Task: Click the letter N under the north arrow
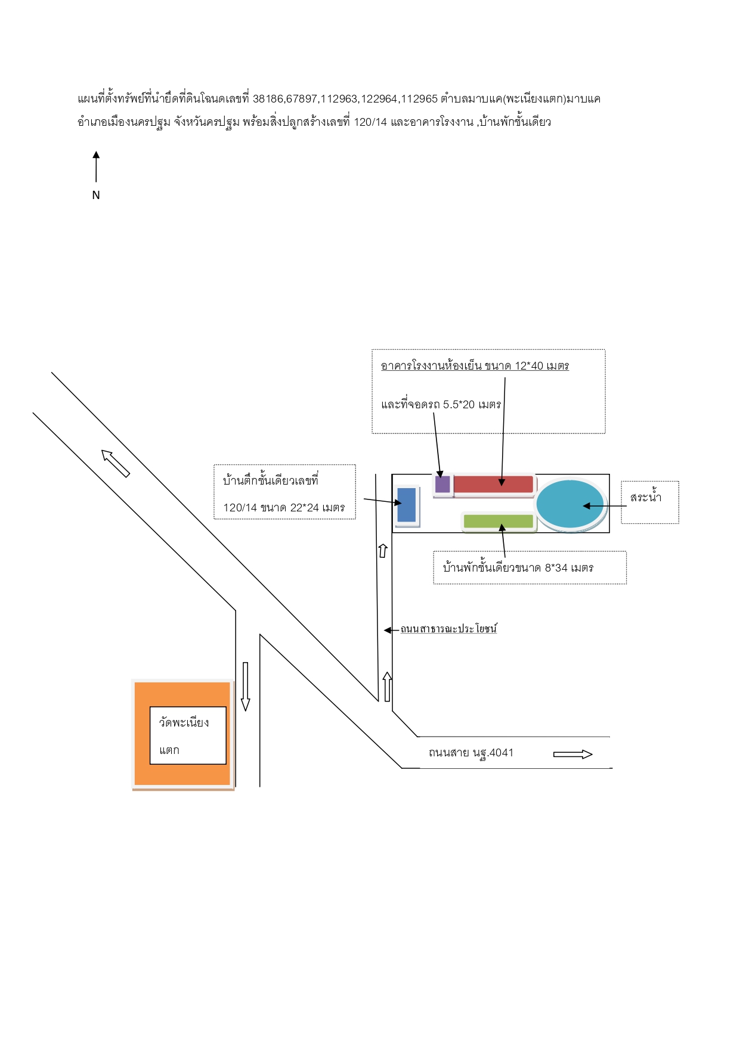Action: tap(96, 195)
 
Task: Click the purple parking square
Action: tap(442, 484)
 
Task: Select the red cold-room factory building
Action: tap(493, 484)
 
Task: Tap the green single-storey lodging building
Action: tap(499, 521)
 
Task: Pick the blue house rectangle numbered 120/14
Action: tap(407, 505)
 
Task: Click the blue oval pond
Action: tap(570, 504)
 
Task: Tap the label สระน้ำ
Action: tap(646, 497)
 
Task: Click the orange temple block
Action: tap(182, 734)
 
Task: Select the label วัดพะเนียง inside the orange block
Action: tap(184, 722)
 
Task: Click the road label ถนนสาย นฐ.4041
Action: tap(471, 753)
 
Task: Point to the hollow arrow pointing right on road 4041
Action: tap(573, 755)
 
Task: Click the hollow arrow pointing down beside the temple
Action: tap(245, 687)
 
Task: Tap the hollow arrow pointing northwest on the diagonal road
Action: tap(116, 464)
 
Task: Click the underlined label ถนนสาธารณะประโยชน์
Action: tap(448, 629)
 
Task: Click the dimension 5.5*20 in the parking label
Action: tap(459, 405)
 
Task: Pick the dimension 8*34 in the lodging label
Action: tap(556, 568)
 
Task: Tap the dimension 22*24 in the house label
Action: tap(305, 508)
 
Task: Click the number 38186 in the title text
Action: tap(268, 99)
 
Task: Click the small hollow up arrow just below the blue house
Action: tap(383, 551)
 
